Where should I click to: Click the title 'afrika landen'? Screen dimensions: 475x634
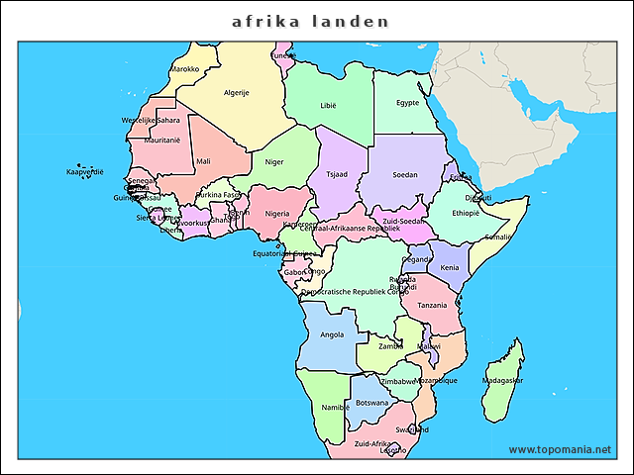(310, 21)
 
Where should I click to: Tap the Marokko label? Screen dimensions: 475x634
(185, 69)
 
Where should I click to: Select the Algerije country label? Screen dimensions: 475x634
(237, 93)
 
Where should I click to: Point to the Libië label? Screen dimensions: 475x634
(328, 104)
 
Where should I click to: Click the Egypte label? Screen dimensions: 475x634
(407, 102)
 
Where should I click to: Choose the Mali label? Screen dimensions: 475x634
(203, 160)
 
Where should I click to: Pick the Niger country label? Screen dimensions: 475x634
(274, 161)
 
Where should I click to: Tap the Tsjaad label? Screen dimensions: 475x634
(338, 174)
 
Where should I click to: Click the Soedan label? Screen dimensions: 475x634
(405, 174)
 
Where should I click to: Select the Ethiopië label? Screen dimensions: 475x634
(466, 213)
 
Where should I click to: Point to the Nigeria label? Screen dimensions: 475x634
(277, 213)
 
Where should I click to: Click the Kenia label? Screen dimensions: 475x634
(450, 267)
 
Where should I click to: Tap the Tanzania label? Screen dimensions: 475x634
(432, 306)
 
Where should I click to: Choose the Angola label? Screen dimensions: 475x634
(332, 334)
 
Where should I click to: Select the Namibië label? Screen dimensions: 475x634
(336, 407)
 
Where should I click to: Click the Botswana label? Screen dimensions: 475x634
(371, 403)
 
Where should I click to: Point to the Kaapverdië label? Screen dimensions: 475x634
(85, 172)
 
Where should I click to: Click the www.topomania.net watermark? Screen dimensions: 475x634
(560, 450)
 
